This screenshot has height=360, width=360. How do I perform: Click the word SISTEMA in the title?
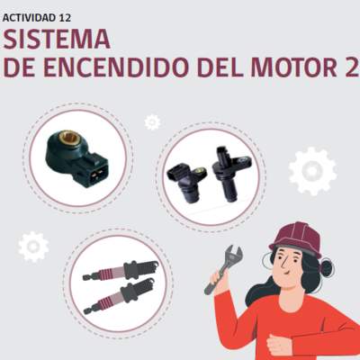click(x=57, y=40)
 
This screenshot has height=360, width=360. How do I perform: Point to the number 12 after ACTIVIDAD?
click(x=65, y=18)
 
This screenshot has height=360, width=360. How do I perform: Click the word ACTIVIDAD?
click(x=30, y=18)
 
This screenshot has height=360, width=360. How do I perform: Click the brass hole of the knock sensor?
click(x=69, y=138)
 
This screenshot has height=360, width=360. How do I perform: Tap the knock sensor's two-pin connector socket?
click(x=96, y=174)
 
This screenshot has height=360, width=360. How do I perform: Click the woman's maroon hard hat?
click(x=296, y=238)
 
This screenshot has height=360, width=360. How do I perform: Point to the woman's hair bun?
click(x=327, y=267)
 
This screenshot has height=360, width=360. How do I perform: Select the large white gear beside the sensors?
click(x=312, y=171)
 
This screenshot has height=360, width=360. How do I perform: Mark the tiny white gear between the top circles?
click(x=152, y=122)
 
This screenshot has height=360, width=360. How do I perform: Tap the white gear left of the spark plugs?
click(x=33, y=247)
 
